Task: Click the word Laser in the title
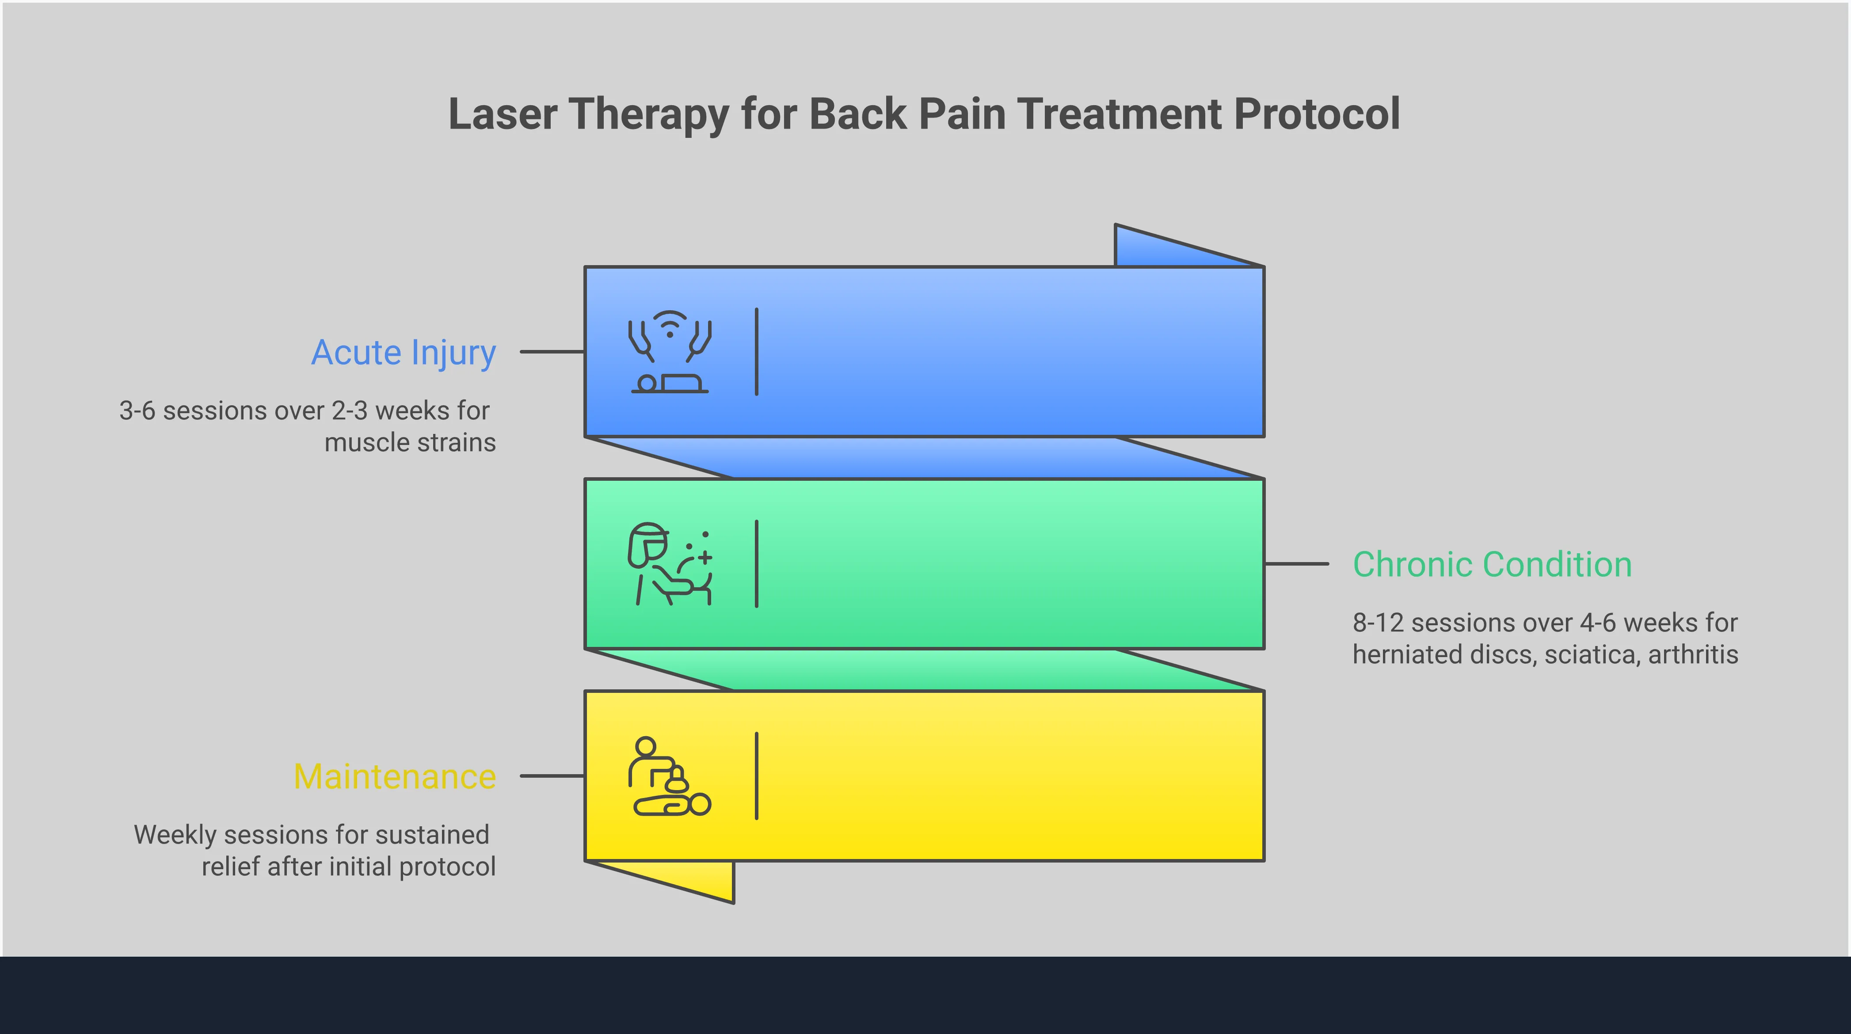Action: (x=502, y=114)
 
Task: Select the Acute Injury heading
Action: (x=403, y=353)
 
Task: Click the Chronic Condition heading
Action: (x=1492, y=565)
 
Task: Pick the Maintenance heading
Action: (x=395, y=777)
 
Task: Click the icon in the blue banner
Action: (x=670, y=352)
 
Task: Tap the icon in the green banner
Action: (x=670, y=564)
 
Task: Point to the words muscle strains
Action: (x=410, y=443)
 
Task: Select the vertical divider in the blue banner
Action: (x=757, y=352)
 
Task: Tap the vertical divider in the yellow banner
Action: (x=757, y=776)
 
